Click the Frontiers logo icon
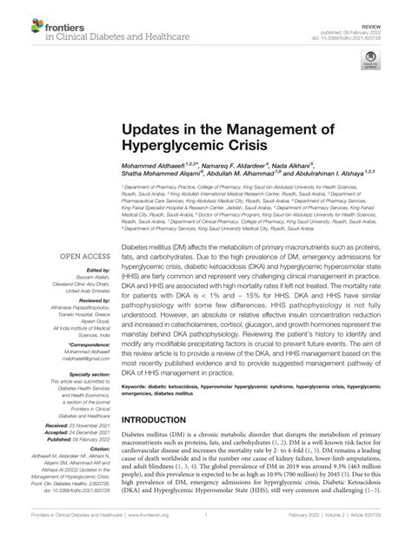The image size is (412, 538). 28,26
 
